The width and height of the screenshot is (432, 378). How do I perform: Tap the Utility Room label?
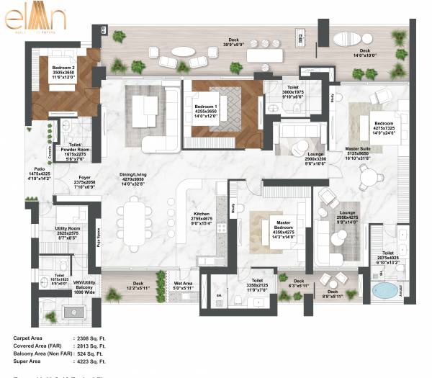coord(71,232)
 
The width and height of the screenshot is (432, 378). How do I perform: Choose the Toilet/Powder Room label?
coord(74,148)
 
